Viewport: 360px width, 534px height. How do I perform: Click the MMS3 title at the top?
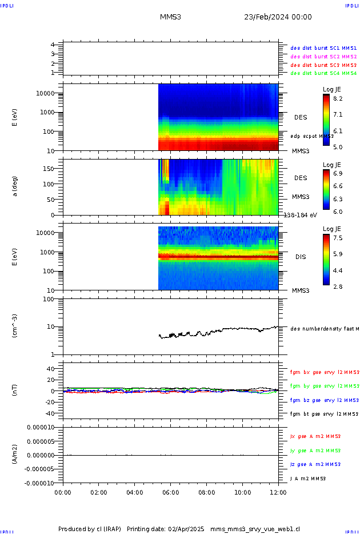(x=170, y=17)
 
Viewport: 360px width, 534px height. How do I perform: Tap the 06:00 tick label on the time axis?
(x=170, y=492)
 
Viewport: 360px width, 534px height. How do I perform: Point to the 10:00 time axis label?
(x=242, y=492)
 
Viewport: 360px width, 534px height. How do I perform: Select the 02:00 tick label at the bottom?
(x=98, y=492)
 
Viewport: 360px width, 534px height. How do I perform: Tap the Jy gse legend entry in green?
(x=315, y=451)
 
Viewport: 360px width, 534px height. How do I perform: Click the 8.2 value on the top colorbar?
(x=338, y=99)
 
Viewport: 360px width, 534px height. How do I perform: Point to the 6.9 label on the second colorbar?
(x=338, y=173)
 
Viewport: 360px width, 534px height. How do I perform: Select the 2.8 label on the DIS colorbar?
(x=338, y=286)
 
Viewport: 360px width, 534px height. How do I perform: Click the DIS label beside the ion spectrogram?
(x=301, y=257)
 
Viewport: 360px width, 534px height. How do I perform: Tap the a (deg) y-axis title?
(x=15, y=186)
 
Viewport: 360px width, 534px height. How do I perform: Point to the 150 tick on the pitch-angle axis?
(x=48, y=169)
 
